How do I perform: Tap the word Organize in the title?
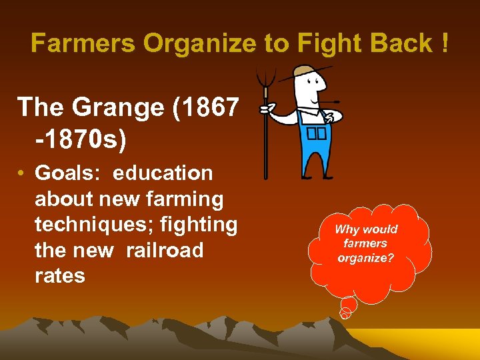[201, 44]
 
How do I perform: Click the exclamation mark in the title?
[443, 44]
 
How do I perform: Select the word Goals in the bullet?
[67, 173]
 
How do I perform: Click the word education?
[163, 173]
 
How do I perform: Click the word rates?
[60, 276]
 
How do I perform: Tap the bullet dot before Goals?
[22, 174]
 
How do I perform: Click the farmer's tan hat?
[305, 71]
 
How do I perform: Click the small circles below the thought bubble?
[346, 310]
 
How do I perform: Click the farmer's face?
[311, 87]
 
